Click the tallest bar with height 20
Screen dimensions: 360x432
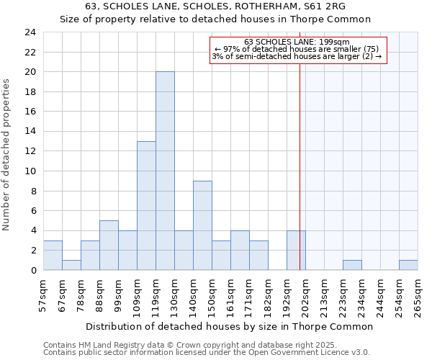[x=165, y=171]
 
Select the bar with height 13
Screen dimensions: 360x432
[x=146, y=205]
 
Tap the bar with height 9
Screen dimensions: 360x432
[x=202, y=225]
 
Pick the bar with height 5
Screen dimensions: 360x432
[x=109, y=245]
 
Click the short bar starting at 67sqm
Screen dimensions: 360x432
[x=71, y=265]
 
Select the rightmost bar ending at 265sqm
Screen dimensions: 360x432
[x=408, y=265]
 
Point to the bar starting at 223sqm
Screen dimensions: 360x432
[x=352, y=265]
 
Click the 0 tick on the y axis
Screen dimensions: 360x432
[x=33, y=270]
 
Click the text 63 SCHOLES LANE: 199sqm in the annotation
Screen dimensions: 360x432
[x=297, y=42]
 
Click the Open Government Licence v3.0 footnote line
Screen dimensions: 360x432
[x=207, y=352]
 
